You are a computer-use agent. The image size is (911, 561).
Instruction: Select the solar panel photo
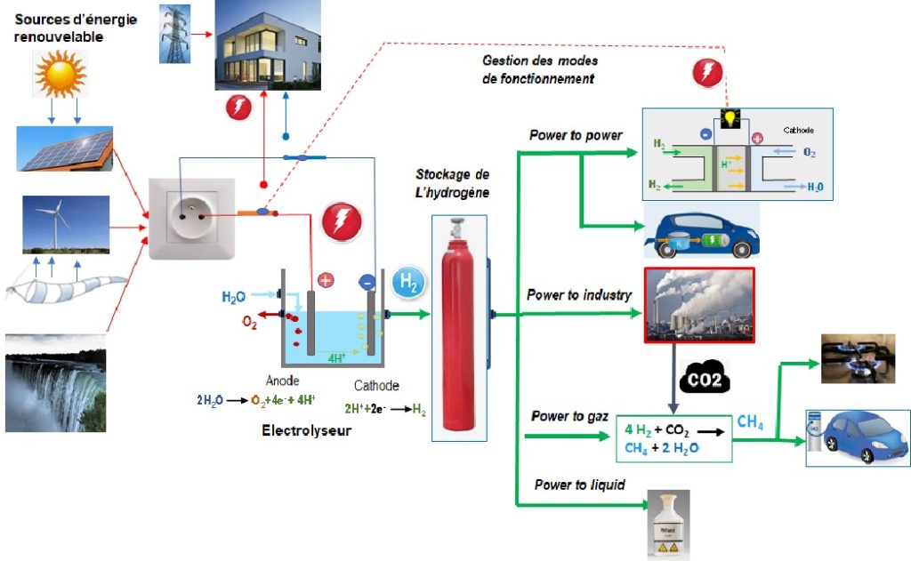[x=64, y=148]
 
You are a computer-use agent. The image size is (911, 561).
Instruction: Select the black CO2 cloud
[x=705, y=379]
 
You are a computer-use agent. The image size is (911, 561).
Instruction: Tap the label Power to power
[x=575, y=136]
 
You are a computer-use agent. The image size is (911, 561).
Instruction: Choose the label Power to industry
[x=578, y=295]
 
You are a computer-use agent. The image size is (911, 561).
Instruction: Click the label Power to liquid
[x=579, y=485]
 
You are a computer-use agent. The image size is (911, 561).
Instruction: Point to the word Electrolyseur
[x=306, y=432]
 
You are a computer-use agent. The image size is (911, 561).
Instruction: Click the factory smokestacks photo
[x=698, y=304]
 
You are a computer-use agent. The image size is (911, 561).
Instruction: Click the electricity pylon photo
[x=174, y=34]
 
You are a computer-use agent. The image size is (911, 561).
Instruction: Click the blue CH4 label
[x=750, y=423]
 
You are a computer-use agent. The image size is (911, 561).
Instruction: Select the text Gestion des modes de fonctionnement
[x=539, y=69]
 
